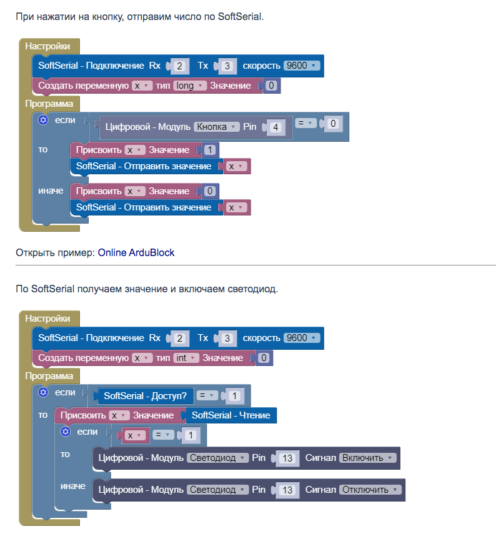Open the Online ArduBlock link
coord(136,253)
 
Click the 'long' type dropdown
coord(190,86)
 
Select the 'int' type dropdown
coord(186,358)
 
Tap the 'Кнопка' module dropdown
coord(216,127)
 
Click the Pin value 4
coord(275,127)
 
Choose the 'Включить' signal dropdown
coord(367,458)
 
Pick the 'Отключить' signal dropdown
coord(370,490)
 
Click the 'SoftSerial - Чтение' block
coord(231,415)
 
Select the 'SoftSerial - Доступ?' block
coord(146,396)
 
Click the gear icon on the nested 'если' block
coord(65,432)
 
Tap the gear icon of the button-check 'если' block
coord(43,120)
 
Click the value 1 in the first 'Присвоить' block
coord(210,150)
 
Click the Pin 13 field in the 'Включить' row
coord(287,458)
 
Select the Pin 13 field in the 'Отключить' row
coord(287,490)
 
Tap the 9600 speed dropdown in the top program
coord(302,66)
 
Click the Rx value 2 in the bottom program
coord(179,338)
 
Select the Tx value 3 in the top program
coord(227,66)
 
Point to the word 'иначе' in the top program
coord(51,190)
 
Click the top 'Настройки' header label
coord(47,46)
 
